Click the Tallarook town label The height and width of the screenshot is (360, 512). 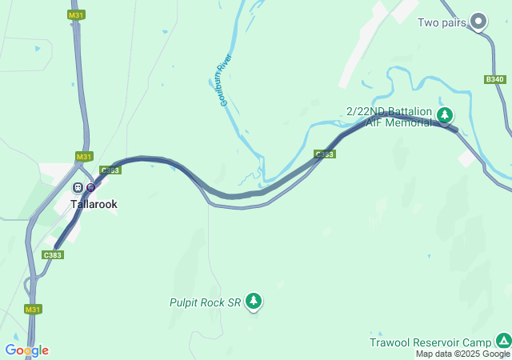click(94, 204)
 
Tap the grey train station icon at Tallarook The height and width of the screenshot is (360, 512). click(78, 187)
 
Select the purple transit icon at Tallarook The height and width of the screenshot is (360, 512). click(90, 187)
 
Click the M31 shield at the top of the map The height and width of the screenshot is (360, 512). click(76, 15)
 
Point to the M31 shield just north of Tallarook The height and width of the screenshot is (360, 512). click(84, 156)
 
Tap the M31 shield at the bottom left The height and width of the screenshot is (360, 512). click(33, 309)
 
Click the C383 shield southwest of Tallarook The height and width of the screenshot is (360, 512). click(53, 254)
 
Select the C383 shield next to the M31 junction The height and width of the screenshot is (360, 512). click(110, 170)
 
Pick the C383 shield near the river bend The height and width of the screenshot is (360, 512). click(324, 154)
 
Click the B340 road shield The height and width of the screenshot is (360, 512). click(495, 79)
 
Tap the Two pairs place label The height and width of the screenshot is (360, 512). click(442, 22)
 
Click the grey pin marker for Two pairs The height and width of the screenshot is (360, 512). click(478, 21)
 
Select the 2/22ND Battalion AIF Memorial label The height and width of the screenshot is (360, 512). click(389, 117)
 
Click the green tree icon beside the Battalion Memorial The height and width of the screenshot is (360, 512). click(445, 116)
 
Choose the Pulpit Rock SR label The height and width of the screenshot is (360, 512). click(205, 302)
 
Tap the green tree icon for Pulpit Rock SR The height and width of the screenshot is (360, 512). click(254, 301)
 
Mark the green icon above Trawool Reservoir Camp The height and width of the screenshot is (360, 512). click(503, 340)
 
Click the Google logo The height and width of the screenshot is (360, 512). click(26, 350)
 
